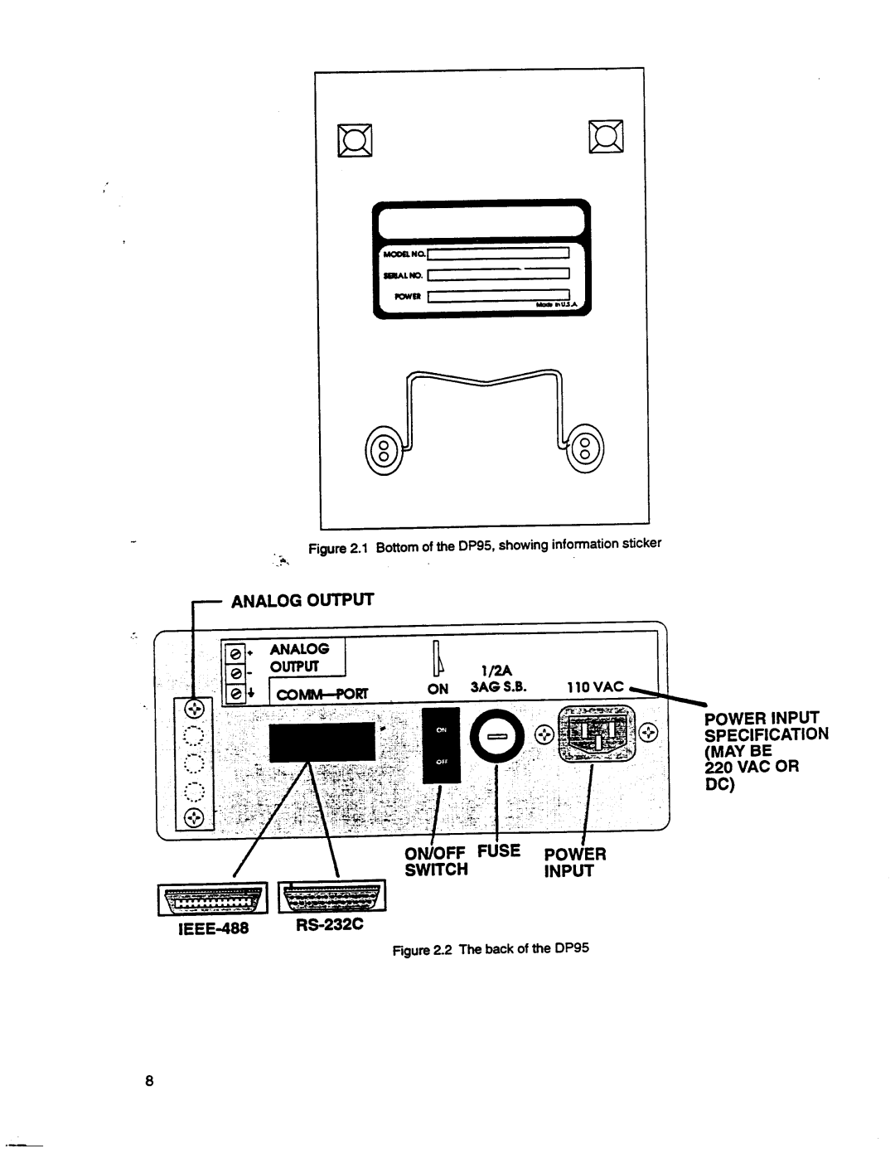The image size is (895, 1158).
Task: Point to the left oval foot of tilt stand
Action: click(x=384, y=453)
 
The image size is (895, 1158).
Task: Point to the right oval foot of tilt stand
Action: click(x=585, y=451)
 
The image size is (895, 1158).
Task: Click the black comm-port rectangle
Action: click(x=322, y=740)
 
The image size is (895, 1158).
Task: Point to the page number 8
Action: click(x=149, y=1081)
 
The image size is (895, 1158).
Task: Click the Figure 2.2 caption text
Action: click(x=491, y=948)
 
